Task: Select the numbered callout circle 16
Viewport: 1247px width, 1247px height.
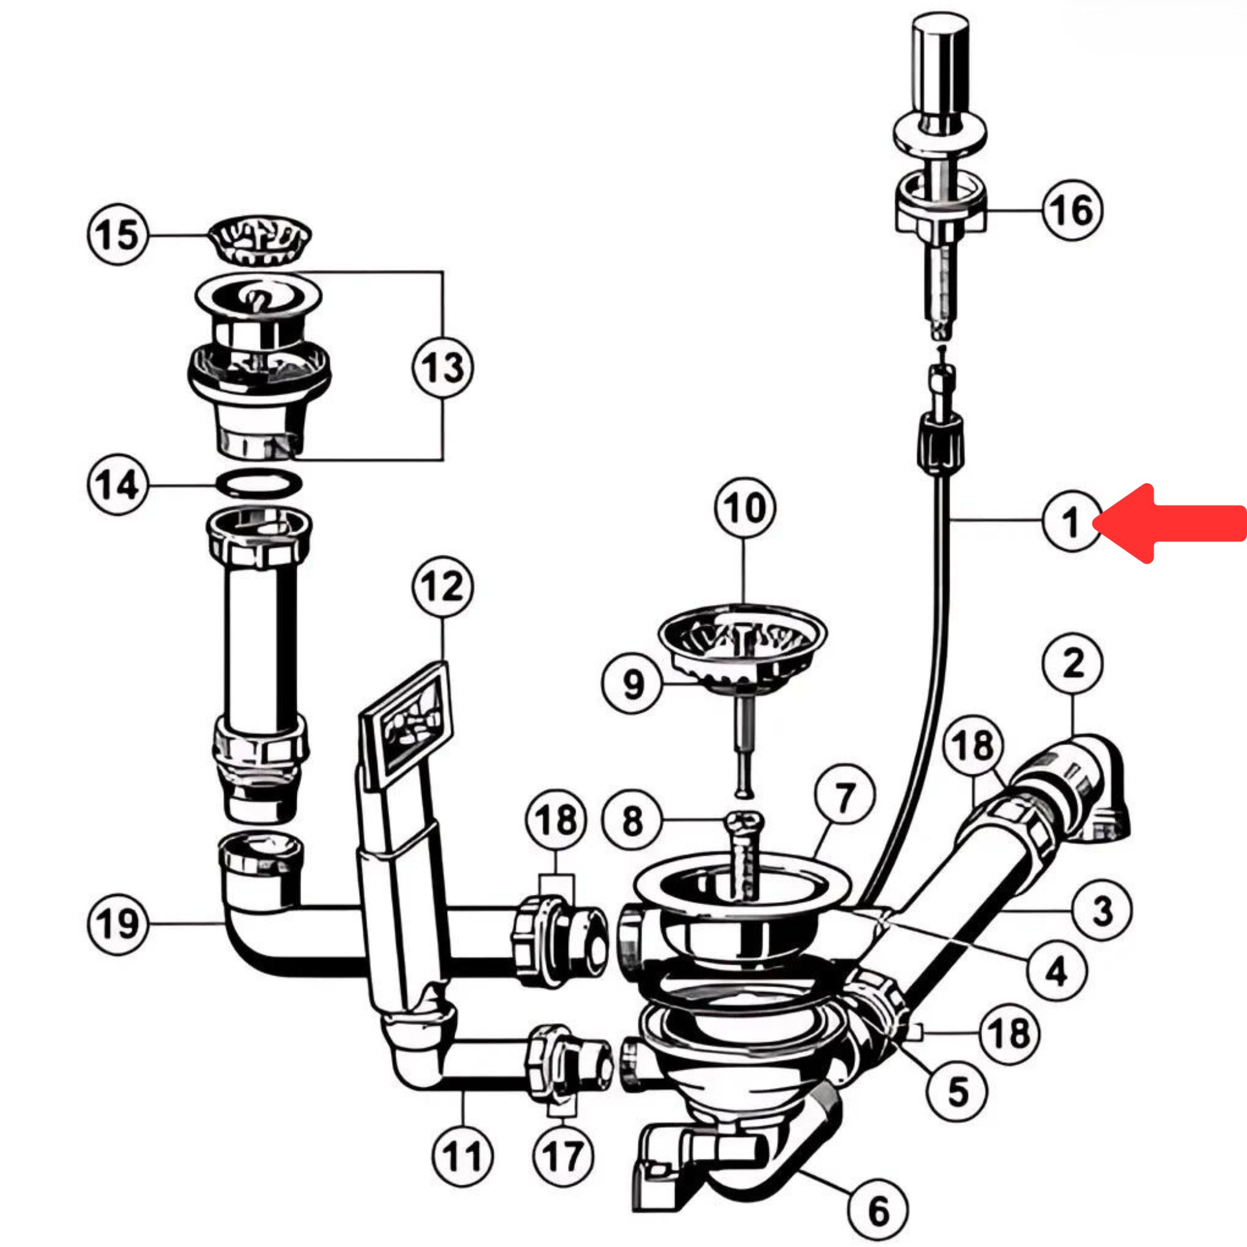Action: (1072, 210)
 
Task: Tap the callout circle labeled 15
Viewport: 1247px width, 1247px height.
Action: (117, 234)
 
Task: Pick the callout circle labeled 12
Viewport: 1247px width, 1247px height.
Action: (443, 587)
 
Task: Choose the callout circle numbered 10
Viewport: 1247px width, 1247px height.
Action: (745, 508)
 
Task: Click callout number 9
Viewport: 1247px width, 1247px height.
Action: (632, 684)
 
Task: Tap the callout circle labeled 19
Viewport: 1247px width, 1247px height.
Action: (117, 923)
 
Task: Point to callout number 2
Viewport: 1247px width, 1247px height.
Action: (1072, 663)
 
